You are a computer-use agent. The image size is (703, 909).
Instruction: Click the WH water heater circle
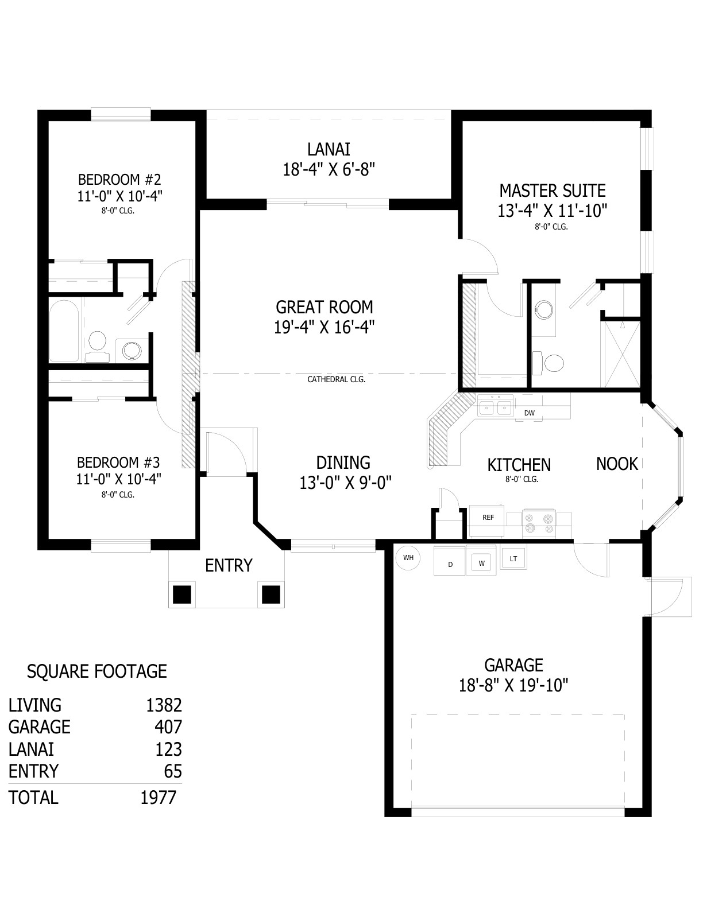tap(408, 558)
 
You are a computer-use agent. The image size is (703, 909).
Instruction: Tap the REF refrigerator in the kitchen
tap(486, 521)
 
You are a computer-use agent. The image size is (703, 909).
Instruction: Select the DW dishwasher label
tap(529, 413)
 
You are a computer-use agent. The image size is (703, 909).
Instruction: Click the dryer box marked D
tap(450, 561)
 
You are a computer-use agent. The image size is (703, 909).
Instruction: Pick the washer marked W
tap(481, 560)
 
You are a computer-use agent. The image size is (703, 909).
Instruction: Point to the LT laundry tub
tap(513, 558)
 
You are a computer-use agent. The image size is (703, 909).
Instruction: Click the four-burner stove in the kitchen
tap(539, 524)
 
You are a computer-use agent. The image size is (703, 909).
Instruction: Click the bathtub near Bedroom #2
tap(64, 331)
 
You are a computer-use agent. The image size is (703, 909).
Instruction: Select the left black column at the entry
tap(181, 595)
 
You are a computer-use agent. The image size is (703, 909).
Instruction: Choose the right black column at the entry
tap(271, 595)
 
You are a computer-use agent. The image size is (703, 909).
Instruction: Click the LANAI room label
tap(329, 149)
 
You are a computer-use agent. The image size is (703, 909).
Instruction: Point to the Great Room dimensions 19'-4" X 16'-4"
tap(324, 327)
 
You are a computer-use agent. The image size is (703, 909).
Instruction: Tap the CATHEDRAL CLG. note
tap(336, 379)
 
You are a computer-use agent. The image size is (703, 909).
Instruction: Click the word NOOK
tap(617, 464)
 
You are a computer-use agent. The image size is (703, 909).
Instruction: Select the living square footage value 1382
tap(164, 705)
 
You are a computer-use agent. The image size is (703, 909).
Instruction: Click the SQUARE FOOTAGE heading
tap(96, 671)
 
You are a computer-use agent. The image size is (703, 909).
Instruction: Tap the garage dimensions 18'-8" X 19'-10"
tap(513, 686)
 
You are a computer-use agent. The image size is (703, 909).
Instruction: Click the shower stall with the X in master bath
tap(620, 354)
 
